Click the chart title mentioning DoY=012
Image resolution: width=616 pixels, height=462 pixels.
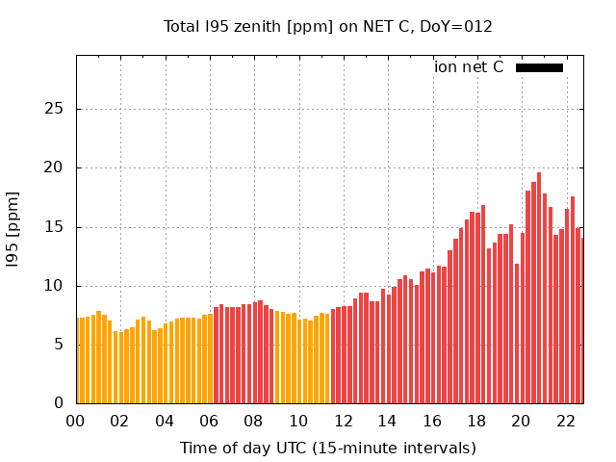(x=327, y=26)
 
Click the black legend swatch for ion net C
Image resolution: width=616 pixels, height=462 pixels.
(x=539, y=67)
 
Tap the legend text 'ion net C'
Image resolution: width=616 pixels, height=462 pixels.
(x=469, y=67)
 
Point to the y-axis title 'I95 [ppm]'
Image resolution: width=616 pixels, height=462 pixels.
(x=13, y=229)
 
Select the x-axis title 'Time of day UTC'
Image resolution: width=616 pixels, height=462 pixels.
(x=327, y=448)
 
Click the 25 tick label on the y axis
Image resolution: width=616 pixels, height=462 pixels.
(x=56, y=109)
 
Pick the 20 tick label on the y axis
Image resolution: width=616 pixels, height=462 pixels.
(x=56, y=167)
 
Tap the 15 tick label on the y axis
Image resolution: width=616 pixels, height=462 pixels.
(x=56, y=227)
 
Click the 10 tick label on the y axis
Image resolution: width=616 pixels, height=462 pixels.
(x=56, y=286)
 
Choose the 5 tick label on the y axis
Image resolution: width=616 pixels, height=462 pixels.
(x=60, y=345)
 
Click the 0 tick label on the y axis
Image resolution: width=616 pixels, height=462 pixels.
(x=60, y=403)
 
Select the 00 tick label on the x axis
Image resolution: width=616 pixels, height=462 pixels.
(x=76, y=421)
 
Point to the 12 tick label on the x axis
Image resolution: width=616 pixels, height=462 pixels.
(x=344, y=421)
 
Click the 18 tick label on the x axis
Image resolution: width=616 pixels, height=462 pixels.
(x=476, y=421)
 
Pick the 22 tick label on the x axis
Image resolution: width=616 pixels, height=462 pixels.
(x=566, y=421)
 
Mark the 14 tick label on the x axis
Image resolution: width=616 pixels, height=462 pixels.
(x=388, y=421)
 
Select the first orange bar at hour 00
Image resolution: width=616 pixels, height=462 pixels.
(x=80, y=361)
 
